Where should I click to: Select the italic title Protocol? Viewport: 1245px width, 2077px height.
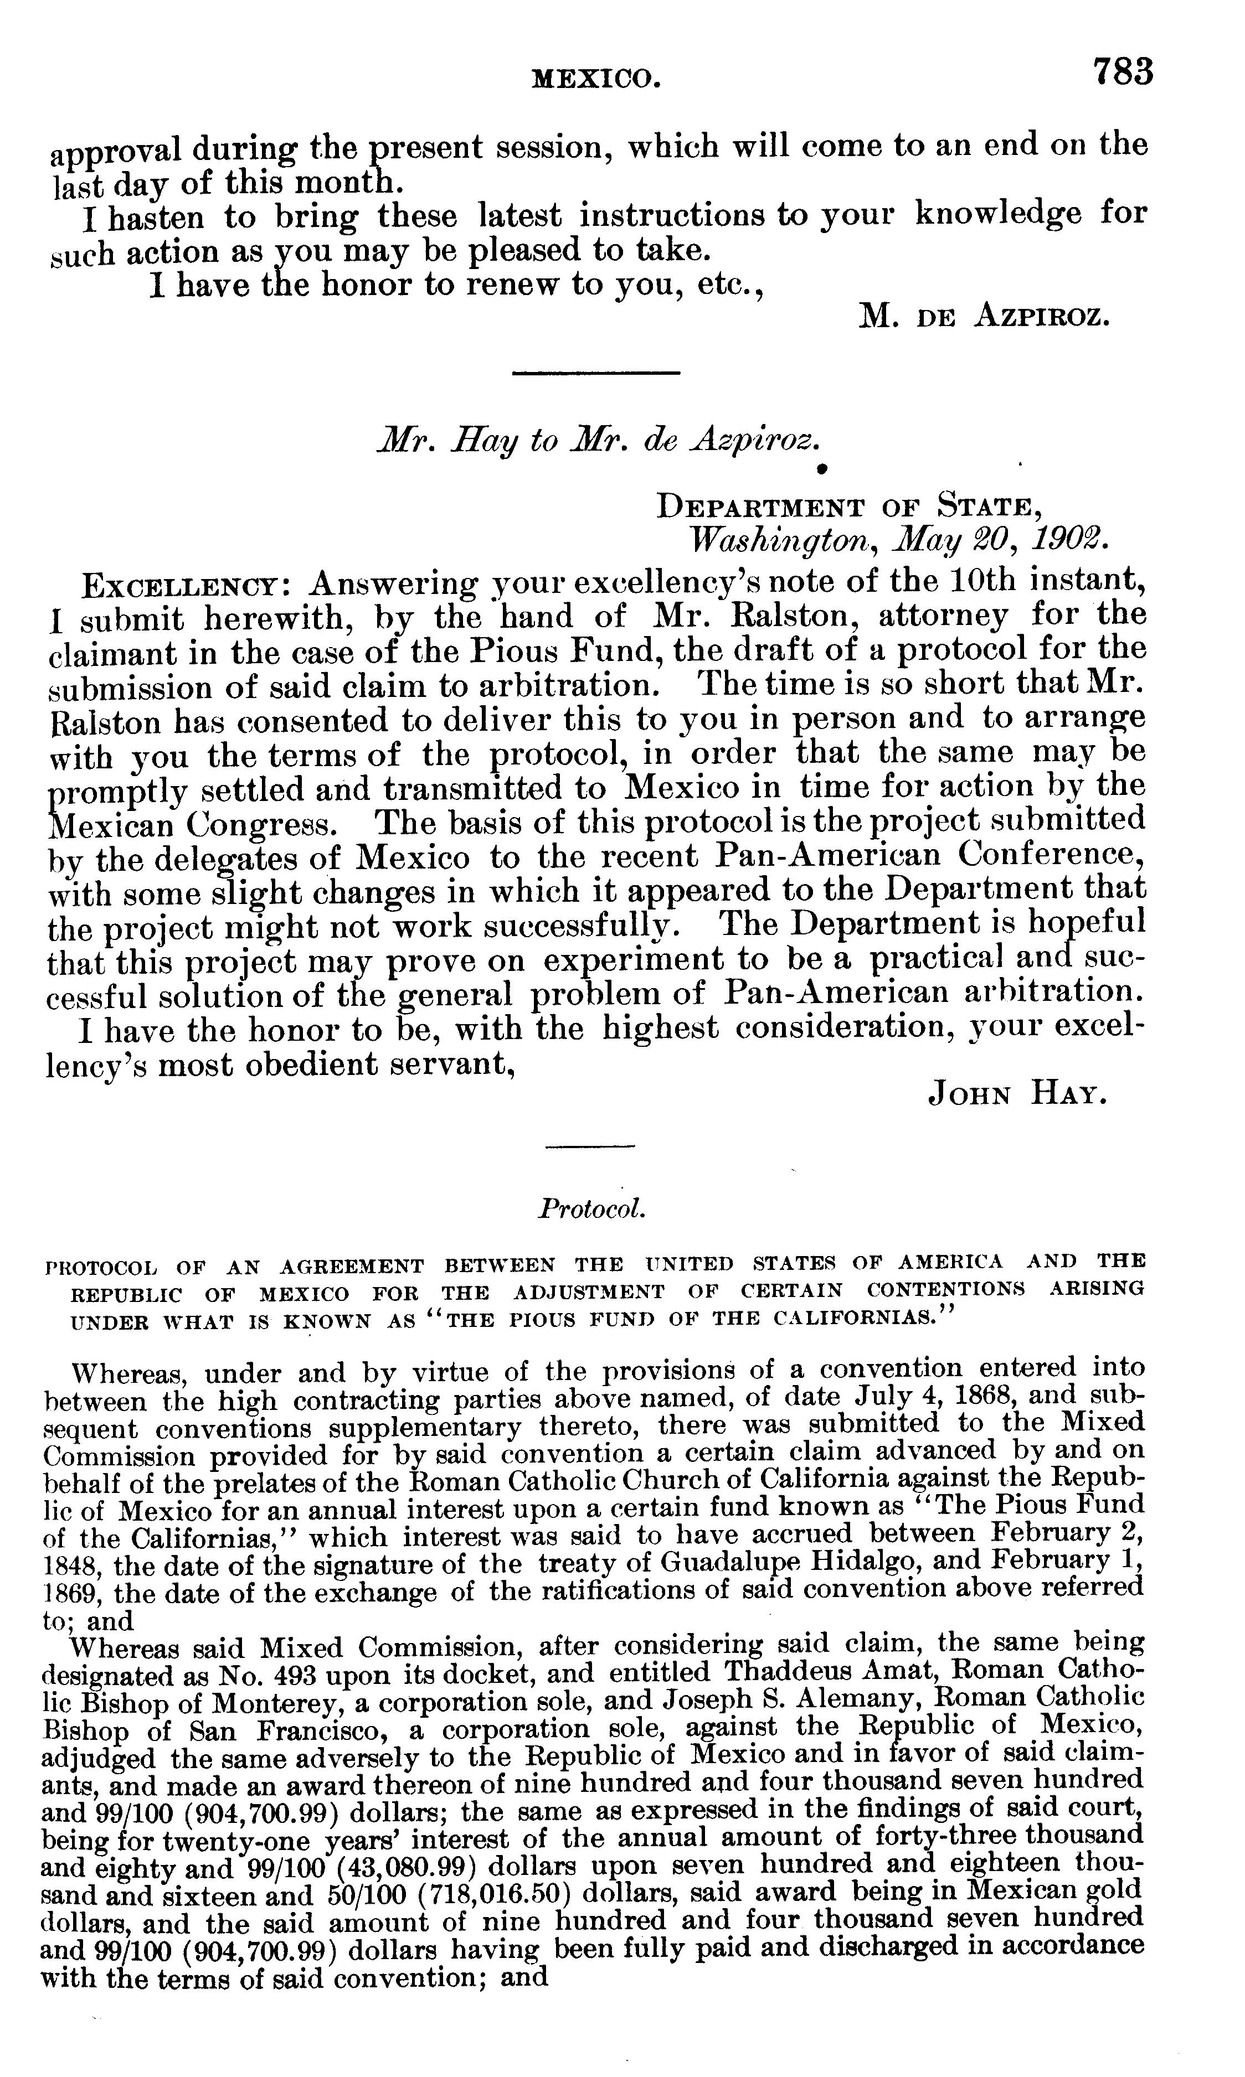coord(592,1208)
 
